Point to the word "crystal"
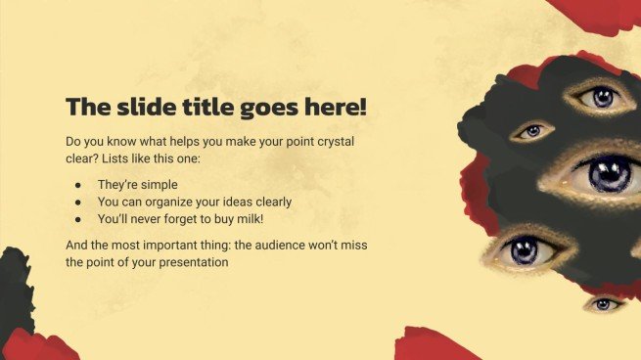click(x=336, y=142)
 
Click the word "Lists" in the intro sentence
click(x=114, y=158)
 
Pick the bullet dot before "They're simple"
click(x=78, y=185)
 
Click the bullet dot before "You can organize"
click(x=78, y=202)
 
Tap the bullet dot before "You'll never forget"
click(x=78, y=219)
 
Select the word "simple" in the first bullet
click(x=157, y=185)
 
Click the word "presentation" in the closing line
click(x=194, y=262)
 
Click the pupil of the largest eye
click(x=610, y=175)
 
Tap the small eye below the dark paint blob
click(x=604, y=304)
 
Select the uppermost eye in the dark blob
click(x=600, y=98)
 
